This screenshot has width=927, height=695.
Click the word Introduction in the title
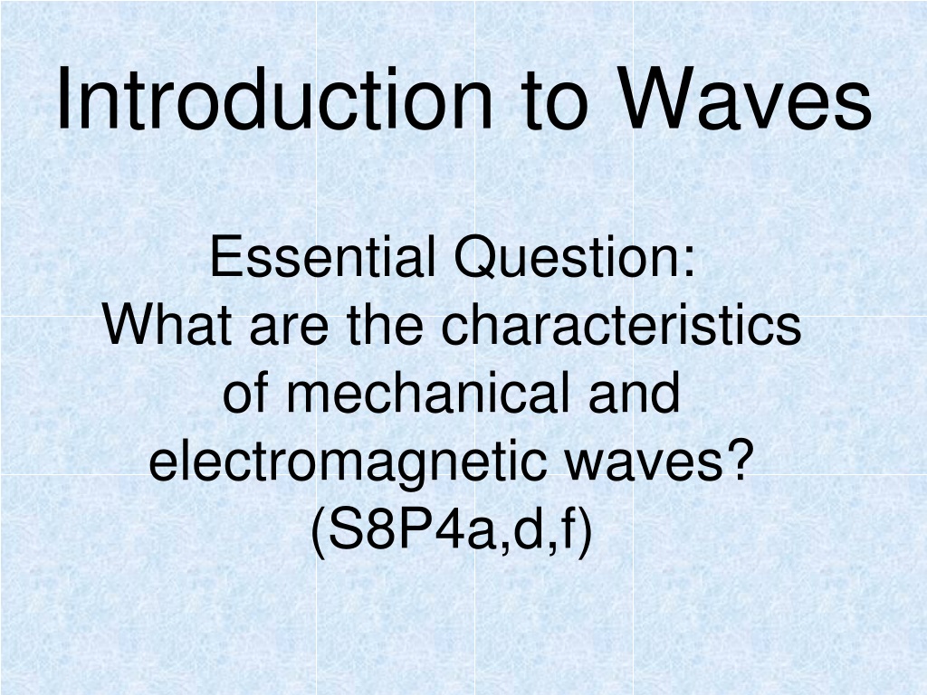point(274,98)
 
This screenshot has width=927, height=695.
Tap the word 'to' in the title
point(555,101)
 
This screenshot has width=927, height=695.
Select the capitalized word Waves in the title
point(744,98)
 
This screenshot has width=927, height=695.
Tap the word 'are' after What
point(289,329)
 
